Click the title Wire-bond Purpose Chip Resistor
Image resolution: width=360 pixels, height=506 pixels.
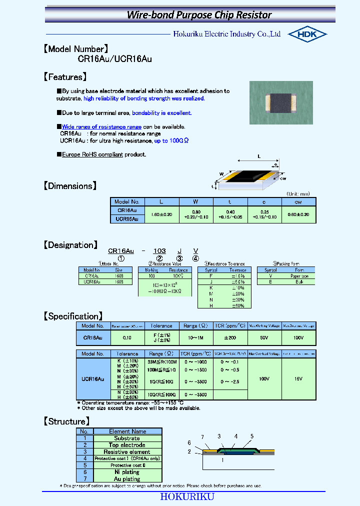tap(199, 14)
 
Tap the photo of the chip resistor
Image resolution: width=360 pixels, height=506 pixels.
tap(281, 102)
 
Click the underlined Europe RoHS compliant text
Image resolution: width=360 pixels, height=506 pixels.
tap(92, 154)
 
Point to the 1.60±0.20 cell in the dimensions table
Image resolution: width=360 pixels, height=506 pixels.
tap(161, 214)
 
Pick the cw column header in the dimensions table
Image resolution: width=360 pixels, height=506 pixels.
tap(298, 201)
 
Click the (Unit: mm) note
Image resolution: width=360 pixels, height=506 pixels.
tap(298, 193)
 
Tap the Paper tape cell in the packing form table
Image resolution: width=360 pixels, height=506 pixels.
tap(299, 275)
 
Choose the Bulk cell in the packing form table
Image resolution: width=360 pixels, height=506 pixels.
tap(299, 282)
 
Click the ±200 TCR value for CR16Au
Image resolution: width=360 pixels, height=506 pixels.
tap(229, 338)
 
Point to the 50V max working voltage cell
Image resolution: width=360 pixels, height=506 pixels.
tap(264, 338)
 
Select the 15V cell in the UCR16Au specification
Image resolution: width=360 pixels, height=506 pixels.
tap(298, 379)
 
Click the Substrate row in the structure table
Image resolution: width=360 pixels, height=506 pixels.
tap(127, 438)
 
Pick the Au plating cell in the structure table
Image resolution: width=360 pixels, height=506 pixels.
tap(127, 478)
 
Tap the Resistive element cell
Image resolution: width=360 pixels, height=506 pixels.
tap(127, 451)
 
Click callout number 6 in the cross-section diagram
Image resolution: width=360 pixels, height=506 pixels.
tap(189, 442)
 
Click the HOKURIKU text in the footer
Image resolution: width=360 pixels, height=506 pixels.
tap(187, 496)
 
